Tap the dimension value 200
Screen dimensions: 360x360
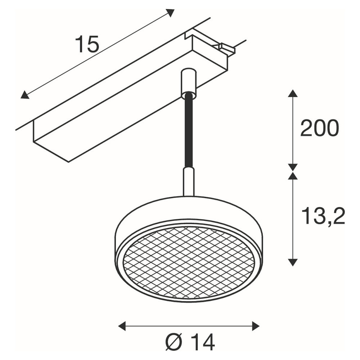pos(319,128)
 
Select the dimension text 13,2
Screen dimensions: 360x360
pos(323,216)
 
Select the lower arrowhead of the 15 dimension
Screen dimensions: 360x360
pos(25,95)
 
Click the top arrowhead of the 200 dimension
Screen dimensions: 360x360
pos(292,94)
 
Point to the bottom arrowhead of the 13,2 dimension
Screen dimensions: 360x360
pos(292,262)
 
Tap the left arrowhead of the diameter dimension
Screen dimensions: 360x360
pos(122,326)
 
